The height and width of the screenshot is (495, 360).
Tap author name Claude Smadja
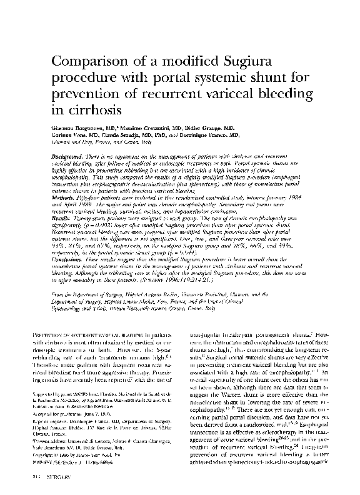[x=126, y=134]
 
